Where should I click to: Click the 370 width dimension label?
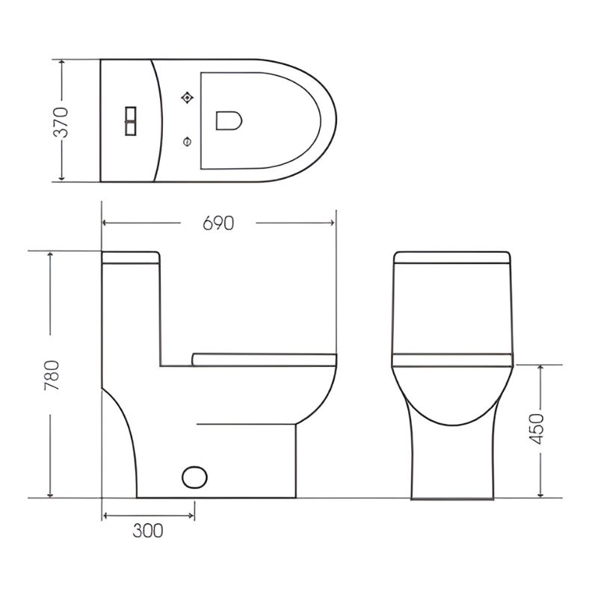[61, 122]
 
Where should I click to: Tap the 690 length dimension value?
[218, 223]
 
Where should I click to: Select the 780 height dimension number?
[52, 375]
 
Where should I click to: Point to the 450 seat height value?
[537, 428]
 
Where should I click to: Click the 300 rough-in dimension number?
[148, 531]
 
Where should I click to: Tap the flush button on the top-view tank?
[131, 121]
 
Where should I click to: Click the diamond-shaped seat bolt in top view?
[187, 98]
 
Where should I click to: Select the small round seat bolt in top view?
[187, 142]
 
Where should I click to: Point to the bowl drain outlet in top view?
[229, 120]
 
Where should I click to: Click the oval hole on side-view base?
[194, 477]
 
